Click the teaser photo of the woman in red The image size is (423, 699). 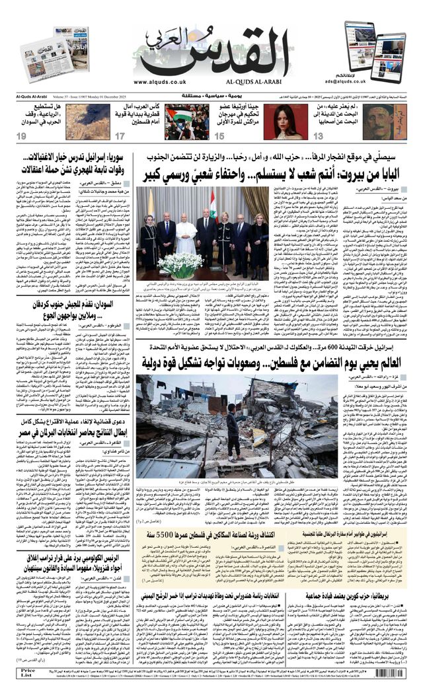click(286, 122)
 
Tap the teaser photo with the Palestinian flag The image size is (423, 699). click(187, 122)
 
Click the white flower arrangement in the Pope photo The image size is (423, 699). click(180, 264)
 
